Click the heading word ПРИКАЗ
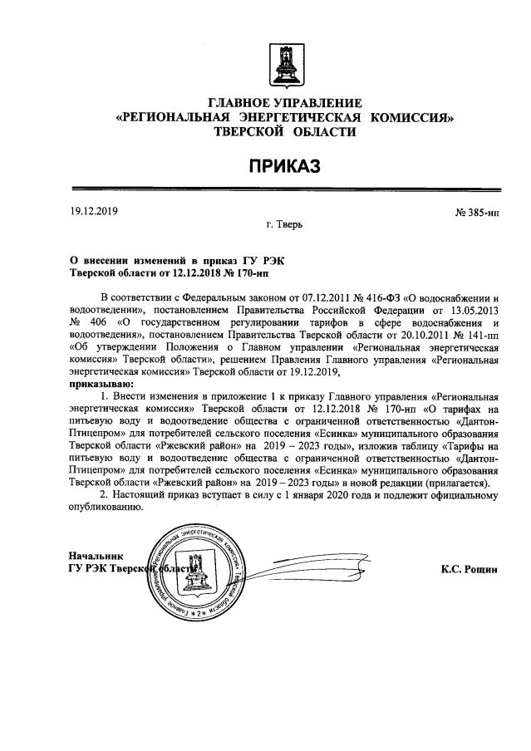tap(285, 168)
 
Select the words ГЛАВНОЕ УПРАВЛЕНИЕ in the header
tap(285, 103)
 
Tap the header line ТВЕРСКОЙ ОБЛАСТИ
tap(285, 133)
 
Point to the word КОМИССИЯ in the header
tap(413, 118)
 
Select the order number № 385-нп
tap(477, 214)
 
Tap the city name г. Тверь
tap(285, 224)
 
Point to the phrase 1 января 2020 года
tap(329, 496)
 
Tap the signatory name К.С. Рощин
tap(470, 570)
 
